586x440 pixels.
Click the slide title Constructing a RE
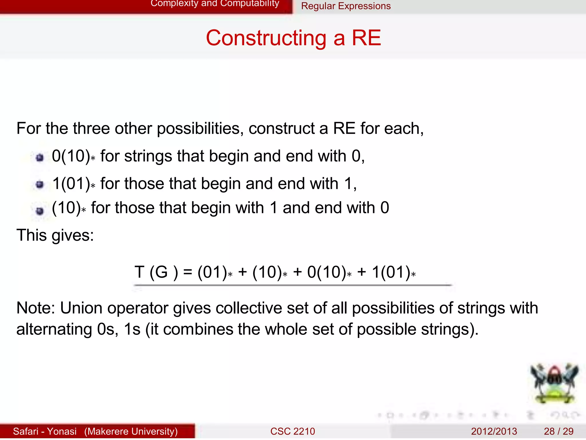point(293,38)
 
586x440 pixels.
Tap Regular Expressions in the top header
point(346,6)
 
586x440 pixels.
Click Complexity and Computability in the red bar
point(215,3)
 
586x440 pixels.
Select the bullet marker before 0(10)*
point(40,158)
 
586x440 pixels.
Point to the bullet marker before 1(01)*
point(40,185)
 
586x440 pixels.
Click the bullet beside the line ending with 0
point(40,211)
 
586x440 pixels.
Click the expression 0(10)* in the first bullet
point(73,156)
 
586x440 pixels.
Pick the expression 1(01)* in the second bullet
point(74,184)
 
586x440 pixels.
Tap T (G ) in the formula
point(156,272)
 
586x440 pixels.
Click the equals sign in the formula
point(188,272)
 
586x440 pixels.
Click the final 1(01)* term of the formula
point(393,272)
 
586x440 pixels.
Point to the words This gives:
point(55,236)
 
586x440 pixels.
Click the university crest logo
point(554,383)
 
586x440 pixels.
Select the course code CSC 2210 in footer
point(292,431)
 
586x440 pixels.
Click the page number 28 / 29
point(558,431)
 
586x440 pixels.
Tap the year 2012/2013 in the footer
point(494,431)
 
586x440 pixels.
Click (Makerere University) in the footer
point(131,431)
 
